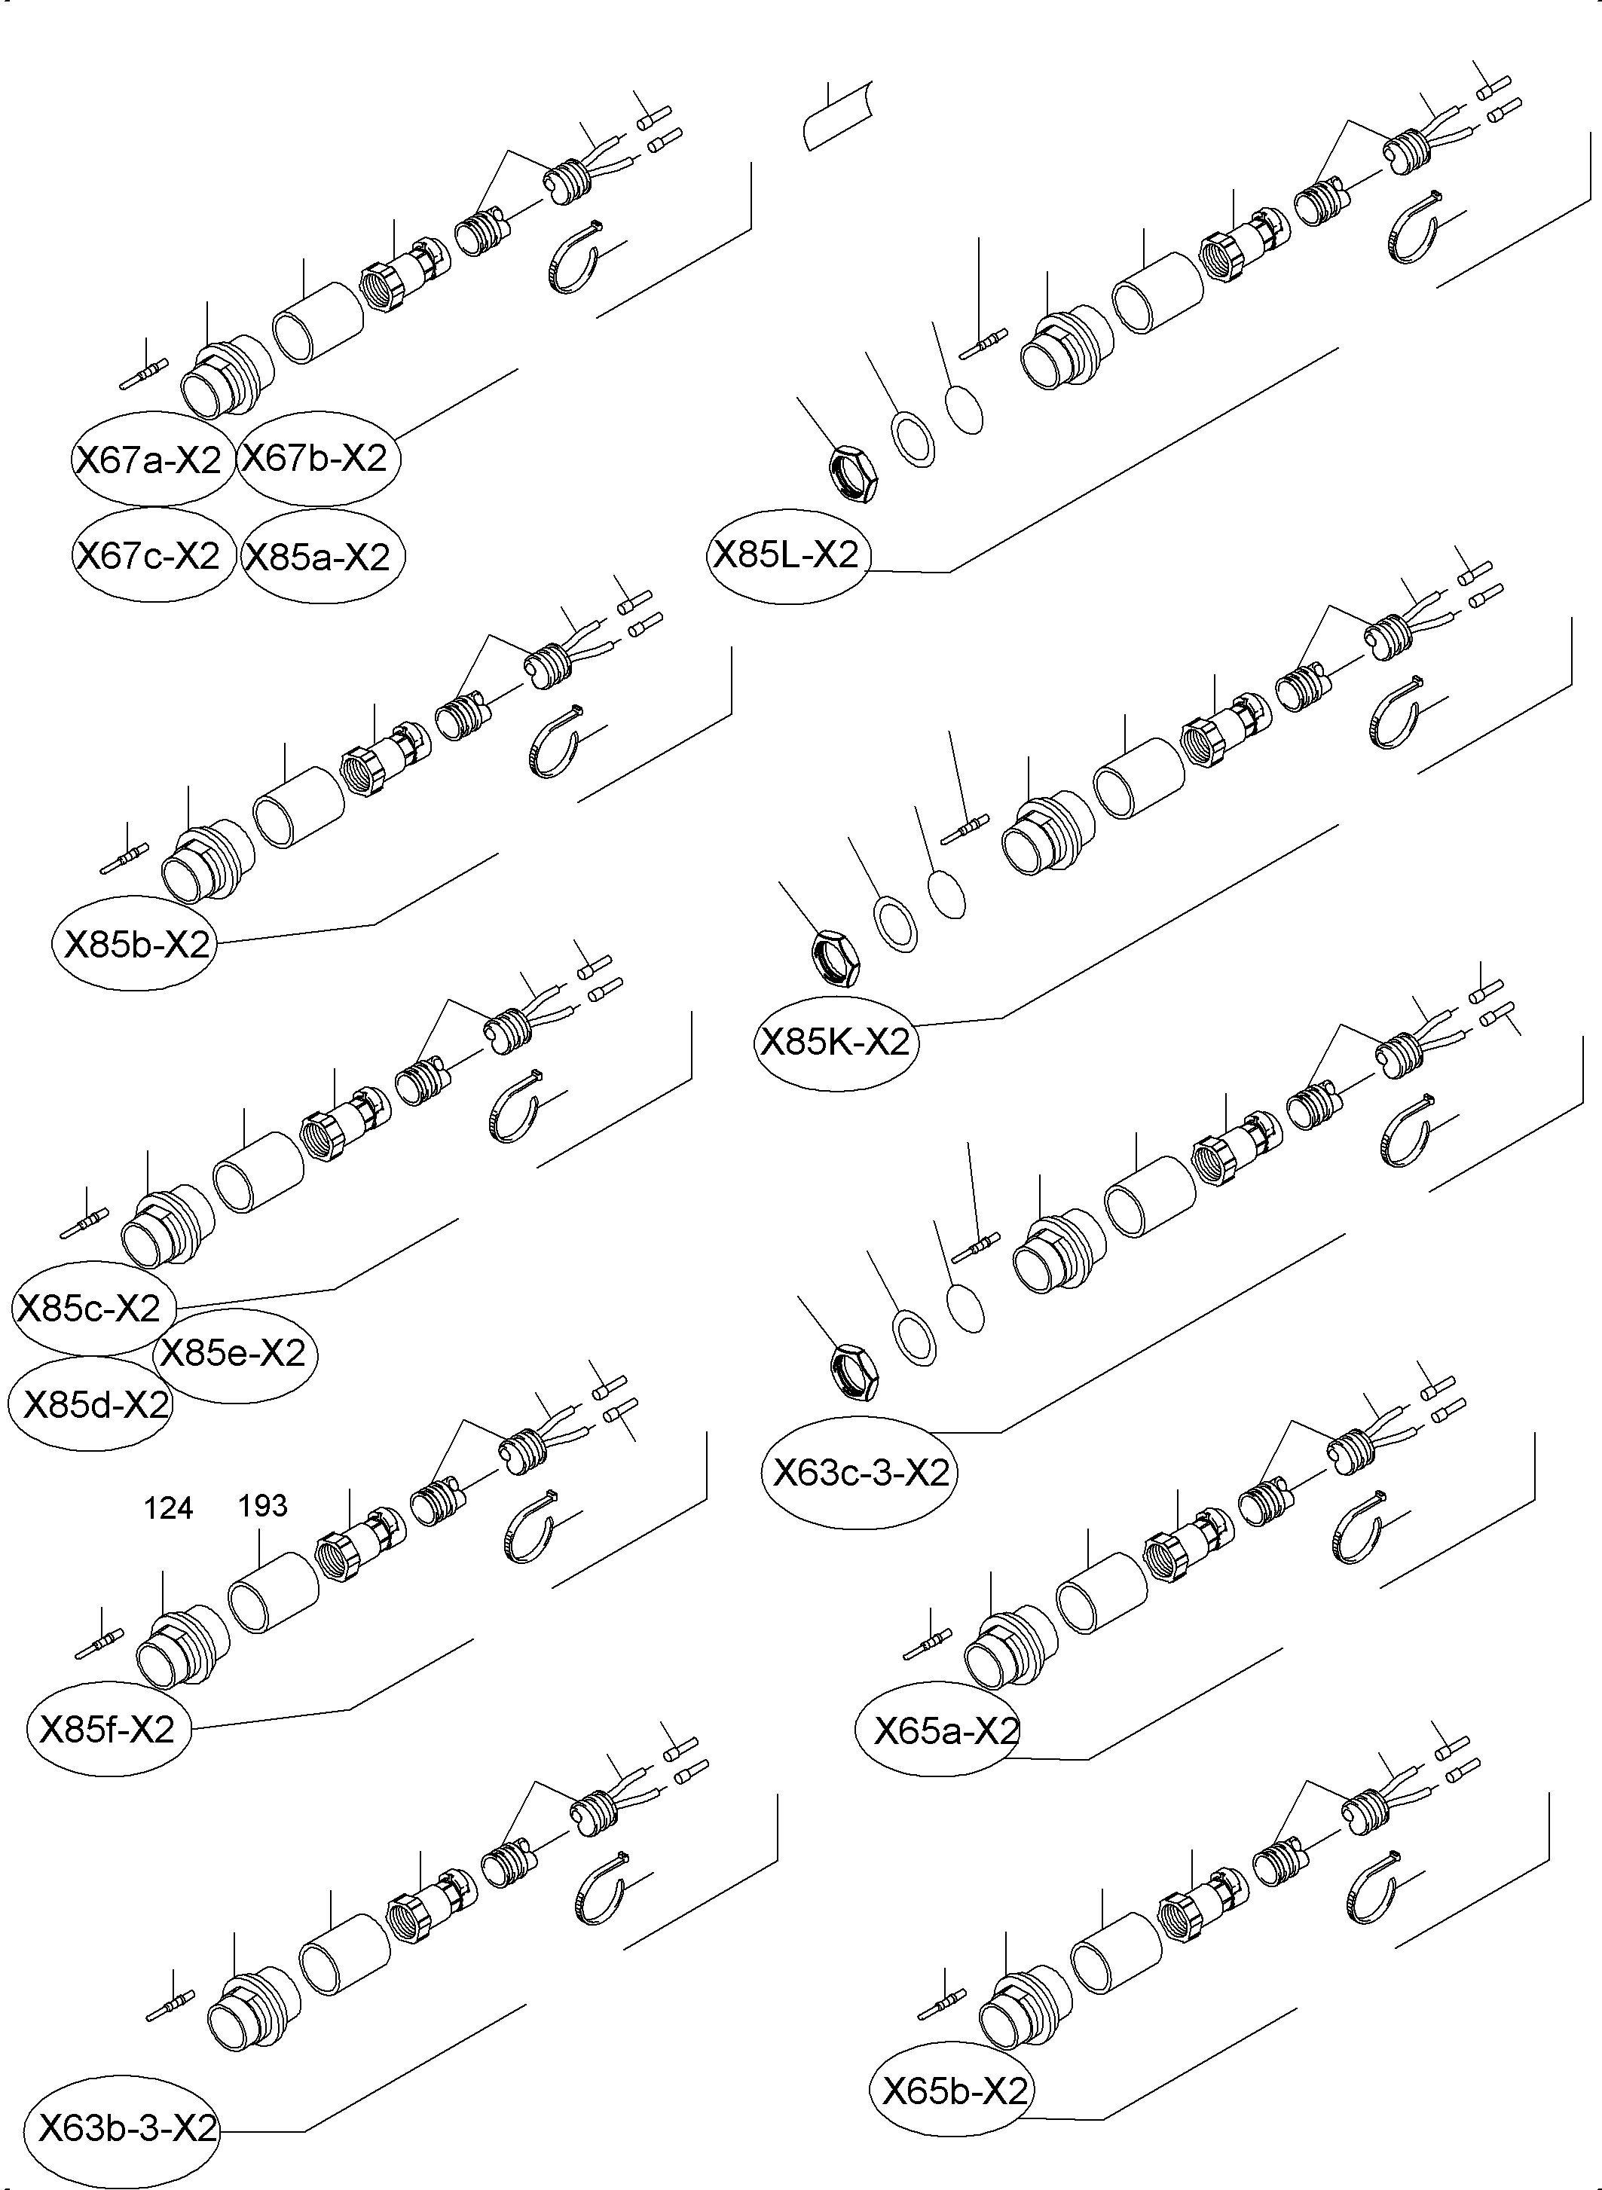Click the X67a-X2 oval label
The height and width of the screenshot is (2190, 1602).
pos(149,459)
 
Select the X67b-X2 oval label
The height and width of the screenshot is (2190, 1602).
pos(315,457)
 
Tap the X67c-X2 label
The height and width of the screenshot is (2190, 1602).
pos(149,555)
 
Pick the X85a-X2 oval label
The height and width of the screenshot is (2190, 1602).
pos(318,557)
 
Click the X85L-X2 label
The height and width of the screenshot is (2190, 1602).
pos(787,554)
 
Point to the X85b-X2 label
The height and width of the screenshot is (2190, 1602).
pos(136,943)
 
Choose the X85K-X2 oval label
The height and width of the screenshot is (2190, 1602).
pos(835,1042)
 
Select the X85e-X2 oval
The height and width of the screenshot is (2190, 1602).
pos(234,1352)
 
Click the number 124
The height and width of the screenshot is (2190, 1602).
pos(169,1507)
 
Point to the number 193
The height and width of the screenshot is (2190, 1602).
pos(263,1505)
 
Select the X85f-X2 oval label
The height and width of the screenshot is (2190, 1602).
pos(107,1728)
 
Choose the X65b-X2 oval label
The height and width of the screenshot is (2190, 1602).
pos(952,2091)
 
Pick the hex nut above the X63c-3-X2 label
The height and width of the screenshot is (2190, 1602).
pos(855,1373)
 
